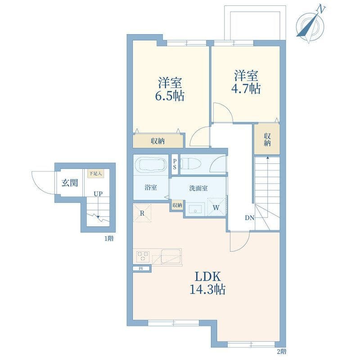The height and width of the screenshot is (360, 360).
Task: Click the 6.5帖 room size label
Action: pos(170,96)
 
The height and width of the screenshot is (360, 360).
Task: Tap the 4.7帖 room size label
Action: pos(246,88)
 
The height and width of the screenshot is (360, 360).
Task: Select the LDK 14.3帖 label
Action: pos(207,283)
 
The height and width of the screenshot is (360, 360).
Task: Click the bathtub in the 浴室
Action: pos(151,164)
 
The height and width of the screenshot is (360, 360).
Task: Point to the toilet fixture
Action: pos(190,164)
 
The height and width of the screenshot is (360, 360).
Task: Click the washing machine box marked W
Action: pos(216,207)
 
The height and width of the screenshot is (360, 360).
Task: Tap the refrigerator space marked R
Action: pos(142,213)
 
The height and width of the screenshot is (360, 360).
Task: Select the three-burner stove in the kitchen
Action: pos(143,256)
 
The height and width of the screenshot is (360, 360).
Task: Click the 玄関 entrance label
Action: pos(70,183)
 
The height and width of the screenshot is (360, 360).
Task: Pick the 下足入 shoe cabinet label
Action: pos(95,173)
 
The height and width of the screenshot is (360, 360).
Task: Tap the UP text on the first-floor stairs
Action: pos(98,194)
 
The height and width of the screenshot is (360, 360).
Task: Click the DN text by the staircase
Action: pos(250,218)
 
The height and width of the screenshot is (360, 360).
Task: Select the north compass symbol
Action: pos(310,25)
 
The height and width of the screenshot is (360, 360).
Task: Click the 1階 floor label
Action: pos(109,238)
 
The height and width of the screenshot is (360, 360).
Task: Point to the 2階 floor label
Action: pos(282,351)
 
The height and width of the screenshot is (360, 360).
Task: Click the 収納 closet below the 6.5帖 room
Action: pos(158,141)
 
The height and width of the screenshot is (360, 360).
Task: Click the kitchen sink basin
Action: pos(171,256)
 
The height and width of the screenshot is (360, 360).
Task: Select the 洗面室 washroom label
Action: pos(198,188)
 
